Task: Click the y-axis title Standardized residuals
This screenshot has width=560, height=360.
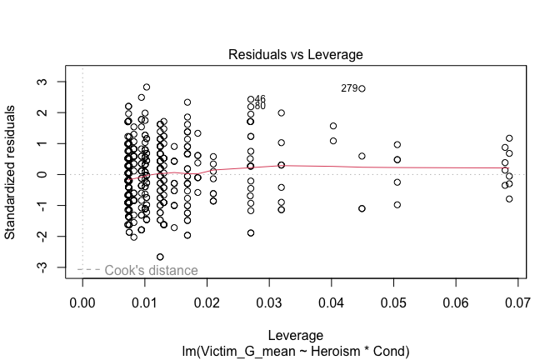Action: pos(11,174)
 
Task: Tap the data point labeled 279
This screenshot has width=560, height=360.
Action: pos(362,87)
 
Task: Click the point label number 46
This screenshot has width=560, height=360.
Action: pos(260,99)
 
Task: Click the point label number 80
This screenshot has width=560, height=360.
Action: pos(260,106)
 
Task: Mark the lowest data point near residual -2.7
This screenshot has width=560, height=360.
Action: pos(160,257)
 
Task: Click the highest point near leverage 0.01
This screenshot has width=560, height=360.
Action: pos(147,87)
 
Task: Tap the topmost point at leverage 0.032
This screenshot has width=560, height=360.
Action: pos(282,112)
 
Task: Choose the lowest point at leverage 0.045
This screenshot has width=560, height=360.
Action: pos(362,208)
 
